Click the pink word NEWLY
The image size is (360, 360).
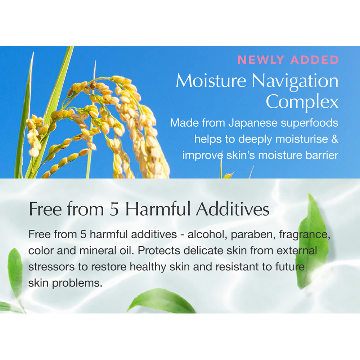(261, 60)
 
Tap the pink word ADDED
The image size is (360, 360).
(315, 60)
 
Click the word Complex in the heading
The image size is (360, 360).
(302, 102)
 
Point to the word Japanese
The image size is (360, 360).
(253, 123)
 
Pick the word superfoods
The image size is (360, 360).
(310, 123)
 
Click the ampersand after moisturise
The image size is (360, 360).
(335, 139)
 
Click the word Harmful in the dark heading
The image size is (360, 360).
(158, 208)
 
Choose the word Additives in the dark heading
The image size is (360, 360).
(233, 208)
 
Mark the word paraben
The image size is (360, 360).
(253, 235)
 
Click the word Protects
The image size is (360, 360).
(159, 251)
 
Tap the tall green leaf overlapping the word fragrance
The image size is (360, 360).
(312, 241)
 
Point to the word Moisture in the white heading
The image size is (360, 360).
(211, 81)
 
